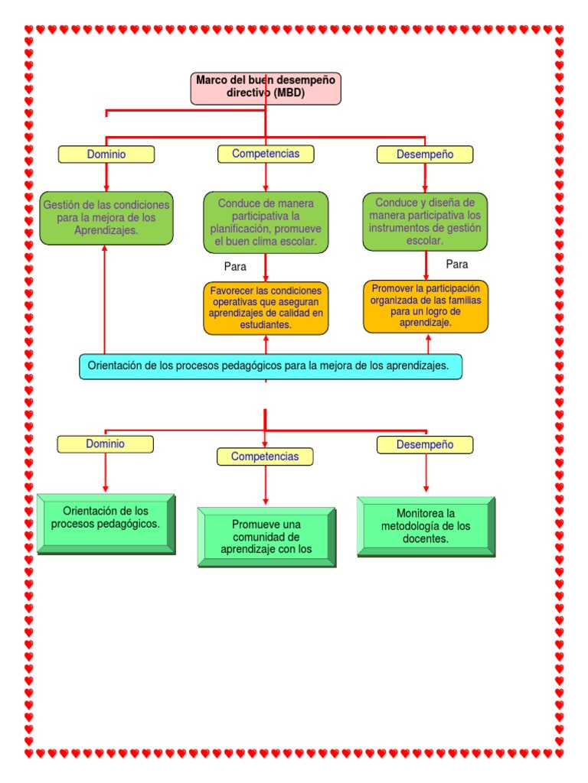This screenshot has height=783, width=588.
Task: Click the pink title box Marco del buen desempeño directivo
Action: pyautogui.click(x=266, y=88)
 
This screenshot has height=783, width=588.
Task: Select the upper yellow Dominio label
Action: pyautogui.click(x=106, y=154)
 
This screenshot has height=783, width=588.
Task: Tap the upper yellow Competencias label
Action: pyautogui.click(x=266, y=154)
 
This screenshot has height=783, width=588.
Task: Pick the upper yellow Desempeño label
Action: pyautogui.click(x=425, y=154)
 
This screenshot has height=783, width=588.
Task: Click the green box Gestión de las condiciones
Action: pyautogui.click(x=106, y=218)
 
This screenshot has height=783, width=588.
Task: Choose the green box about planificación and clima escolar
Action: pyautogui.click(x=266, y=223)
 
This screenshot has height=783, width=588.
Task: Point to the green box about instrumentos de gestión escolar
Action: pyautogui.click(x=425, y=222)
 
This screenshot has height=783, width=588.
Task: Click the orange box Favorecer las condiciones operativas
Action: pyautogui.click(x=266, y=308)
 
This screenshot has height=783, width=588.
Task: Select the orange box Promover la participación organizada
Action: pyautogui.click(x=425, y=306)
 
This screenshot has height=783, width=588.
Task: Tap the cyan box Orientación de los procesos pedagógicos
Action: pyautogui.click(x=270, y=366)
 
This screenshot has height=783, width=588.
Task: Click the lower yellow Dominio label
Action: pyautogui.click(x=105, y=444)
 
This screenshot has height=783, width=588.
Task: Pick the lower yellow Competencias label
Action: pyautogui.click(x=265, y=456)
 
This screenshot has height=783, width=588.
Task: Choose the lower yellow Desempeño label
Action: pyautogui.click(x=425, y=445)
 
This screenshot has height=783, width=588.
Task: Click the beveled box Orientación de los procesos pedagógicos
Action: pyautogui.click(x=106, y=522)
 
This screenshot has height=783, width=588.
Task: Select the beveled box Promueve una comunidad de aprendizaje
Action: pyautogui.click(x=266, y=536)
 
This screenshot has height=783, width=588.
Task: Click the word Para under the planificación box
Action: pyautogui.click(x=235, y=267)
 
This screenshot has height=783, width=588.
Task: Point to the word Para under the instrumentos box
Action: pyautogui.click(x=457, y=265)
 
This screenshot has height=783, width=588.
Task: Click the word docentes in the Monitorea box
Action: pyautogui.click(x=426, y=538)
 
